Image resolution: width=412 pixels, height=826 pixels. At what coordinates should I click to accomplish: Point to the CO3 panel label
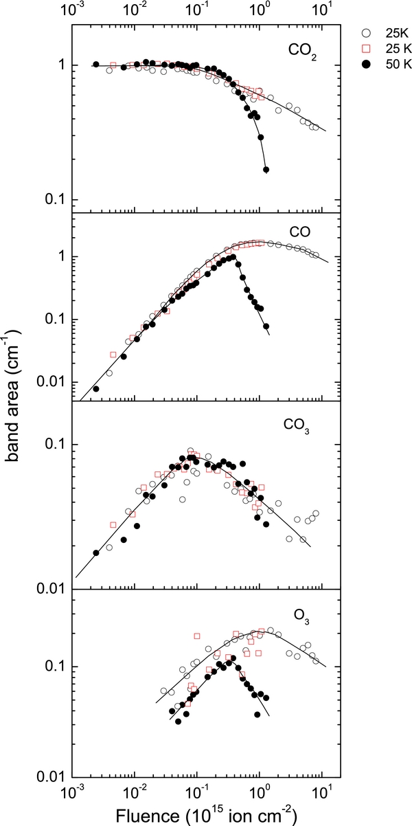(298, 425)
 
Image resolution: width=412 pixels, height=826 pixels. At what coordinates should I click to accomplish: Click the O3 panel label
(301, 621)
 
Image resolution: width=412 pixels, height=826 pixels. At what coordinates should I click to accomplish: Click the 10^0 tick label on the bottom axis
(260, 793)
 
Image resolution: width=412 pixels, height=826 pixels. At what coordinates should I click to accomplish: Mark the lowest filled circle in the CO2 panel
(266, 169)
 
